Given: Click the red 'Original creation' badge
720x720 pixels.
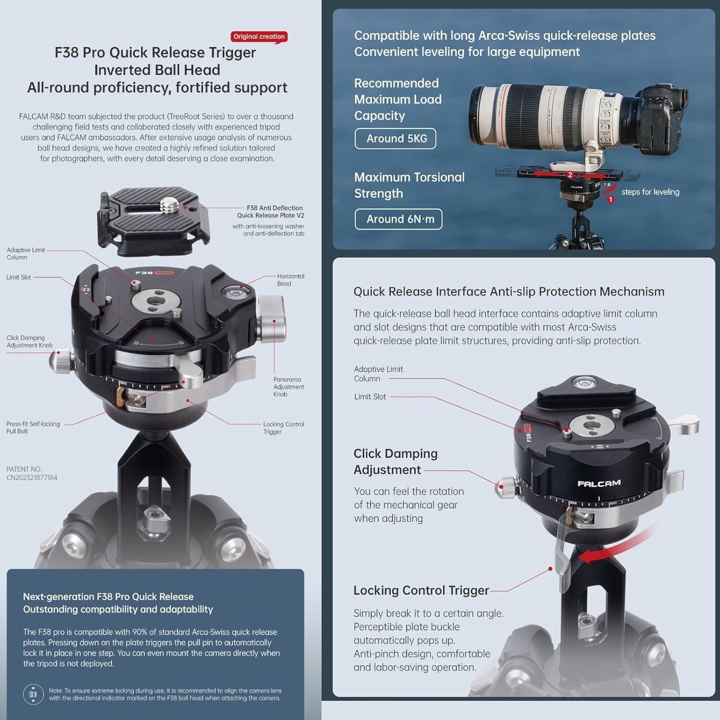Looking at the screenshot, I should [x=259, y=36].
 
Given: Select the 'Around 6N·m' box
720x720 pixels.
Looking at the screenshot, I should [x=399, y=219].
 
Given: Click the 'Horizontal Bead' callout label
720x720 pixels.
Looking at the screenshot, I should [x=290, y=280].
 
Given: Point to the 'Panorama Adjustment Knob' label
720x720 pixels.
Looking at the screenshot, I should [x=288, y=387].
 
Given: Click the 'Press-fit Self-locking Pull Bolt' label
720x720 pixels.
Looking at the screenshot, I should [x=33, y=428].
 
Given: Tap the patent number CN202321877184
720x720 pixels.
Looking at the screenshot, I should [x=32, y=477].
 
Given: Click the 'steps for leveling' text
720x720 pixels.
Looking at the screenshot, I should [x=650, y=192].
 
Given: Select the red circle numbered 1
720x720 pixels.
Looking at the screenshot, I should [x=611, y=199].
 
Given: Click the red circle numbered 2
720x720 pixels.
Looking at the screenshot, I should [x=570, y=174].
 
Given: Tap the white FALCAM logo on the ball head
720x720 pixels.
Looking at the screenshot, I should [x=599, y=483].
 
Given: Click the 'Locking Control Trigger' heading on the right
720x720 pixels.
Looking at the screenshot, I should [x=421, y=590].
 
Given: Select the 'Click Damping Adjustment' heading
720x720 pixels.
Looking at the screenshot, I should [x=396, y=461].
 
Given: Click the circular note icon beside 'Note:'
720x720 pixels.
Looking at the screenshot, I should [x=33, y=694].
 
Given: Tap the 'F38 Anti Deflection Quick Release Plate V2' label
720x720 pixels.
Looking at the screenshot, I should [x=270, y=212].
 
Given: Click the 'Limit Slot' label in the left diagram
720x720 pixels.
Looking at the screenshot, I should [x=19, y=278].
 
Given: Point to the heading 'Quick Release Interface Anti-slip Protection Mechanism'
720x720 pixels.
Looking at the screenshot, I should [x=509, y=291].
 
